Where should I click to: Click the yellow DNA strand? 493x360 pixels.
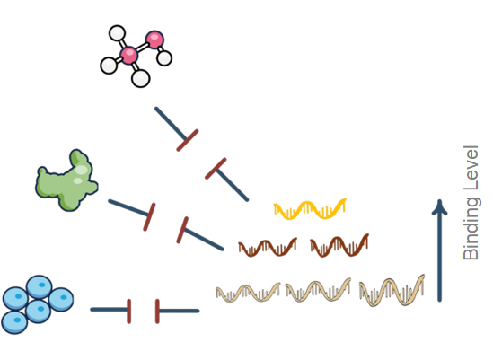(x=310, y=209)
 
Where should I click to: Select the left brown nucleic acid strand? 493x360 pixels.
(x=267, y=245)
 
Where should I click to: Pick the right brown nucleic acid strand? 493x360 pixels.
(x=339, y=244)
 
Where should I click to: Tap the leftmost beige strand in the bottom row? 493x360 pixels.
(x=248, y=293)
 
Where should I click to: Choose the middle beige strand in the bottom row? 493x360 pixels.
(x=318, y=291)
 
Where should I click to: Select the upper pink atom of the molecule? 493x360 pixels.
(x=154, y=40)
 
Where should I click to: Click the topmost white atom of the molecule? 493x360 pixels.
(x=117, y=33)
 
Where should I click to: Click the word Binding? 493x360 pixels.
(x=471, y=228)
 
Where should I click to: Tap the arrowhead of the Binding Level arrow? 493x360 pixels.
(x=439, y=207)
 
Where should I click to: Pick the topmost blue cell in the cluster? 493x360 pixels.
(x=39, y=287)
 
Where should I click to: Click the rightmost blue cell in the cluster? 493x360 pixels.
(x=60, y=298)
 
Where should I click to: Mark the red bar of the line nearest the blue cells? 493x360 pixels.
(x=130, y=311)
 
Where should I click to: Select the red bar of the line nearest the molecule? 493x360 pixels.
(x=187, y=139)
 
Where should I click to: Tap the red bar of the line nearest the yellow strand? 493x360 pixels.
(x=216, y=169)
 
